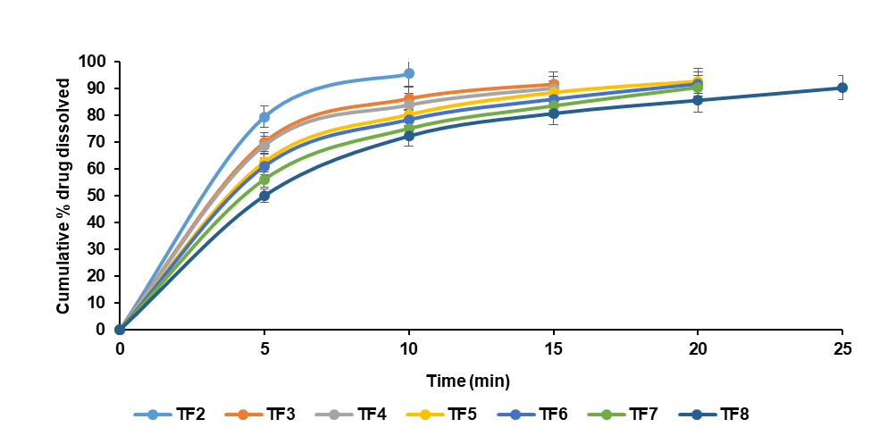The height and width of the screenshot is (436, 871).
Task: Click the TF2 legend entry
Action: [170, 414]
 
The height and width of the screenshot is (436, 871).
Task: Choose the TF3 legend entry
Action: [261, 414]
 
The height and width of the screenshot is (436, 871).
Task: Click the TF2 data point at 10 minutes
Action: [409, 73]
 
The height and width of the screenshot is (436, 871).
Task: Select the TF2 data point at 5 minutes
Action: [264, 117]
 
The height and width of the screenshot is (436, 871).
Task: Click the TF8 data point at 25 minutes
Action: [842, 88]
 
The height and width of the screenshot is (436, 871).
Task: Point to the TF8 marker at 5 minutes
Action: [264, 196]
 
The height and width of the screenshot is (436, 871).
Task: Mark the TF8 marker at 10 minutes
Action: [409, 136]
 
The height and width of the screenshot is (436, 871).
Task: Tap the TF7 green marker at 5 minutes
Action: [264, 179]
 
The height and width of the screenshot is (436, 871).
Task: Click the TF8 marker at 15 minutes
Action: [554, 113]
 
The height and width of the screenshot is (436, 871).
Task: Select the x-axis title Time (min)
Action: [467, 381]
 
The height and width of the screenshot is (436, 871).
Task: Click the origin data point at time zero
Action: [120, 329]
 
